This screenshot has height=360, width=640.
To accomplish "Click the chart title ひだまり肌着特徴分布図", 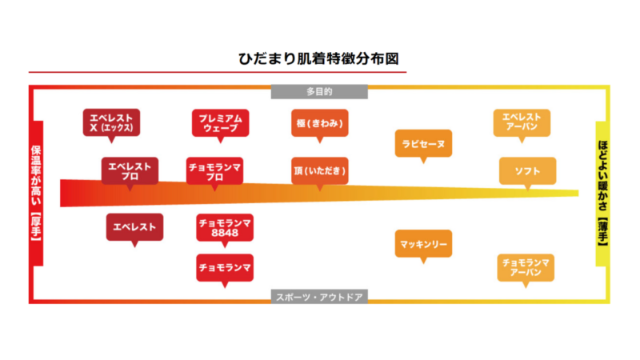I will pyautogui.click(x=319, y=59).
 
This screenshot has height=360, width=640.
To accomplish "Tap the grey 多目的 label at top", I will pyautogui.click(x=319, y=91).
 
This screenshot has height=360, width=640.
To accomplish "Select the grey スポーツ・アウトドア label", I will pyautogui.click(x=319, y=297).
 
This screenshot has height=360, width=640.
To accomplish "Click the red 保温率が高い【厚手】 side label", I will pyautogui.click(x=36, y=194).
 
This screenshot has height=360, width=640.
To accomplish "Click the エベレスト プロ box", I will pyautogui.click(x=130, y=170).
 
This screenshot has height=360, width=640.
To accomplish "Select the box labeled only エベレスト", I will pyautogui.click(x=135, y=226).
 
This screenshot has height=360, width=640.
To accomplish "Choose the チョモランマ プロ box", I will pyautogui.click(x=215, y=170).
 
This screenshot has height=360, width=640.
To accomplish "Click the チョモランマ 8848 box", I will pyautogui.click(x=225, y=226).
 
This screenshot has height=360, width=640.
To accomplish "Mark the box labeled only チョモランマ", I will pyautogui.click(x=225, y=266).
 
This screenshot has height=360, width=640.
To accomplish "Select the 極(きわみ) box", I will pyautogui.click(x=319, y=122).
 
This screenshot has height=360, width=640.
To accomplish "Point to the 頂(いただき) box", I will pyautogui.click(x=319, y=170).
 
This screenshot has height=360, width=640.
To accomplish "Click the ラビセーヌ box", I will pyautogui.click(x=423, y=143).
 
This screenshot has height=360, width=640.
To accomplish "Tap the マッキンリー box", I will pyautogui.click(x=423, y=242).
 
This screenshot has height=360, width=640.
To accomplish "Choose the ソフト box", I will pyautogui.click(x=527, y=170).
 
